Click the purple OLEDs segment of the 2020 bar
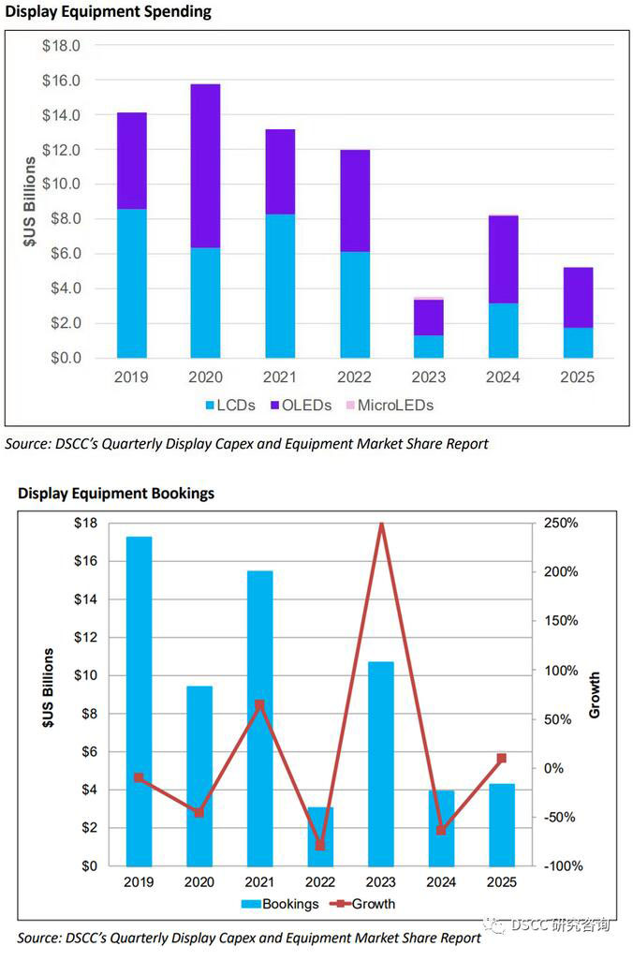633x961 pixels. click(205, 166)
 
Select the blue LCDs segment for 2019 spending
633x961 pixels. click(131, 283)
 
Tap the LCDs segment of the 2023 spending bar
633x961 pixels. click(428, 347)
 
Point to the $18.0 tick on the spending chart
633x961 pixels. click(61, 46)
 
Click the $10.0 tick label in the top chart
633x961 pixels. click(61, 185)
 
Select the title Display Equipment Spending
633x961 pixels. click(109, 12)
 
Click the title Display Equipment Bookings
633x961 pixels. click(116, 494)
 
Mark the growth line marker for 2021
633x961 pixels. click(259, 704)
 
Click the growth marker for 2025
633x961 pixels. click(501, 758)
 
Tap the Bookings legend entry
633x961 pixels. click(280, 904)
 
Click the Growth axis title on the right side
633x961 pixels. click(596, 695)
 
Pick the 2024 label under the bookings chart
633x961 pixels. click(441, 882)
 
